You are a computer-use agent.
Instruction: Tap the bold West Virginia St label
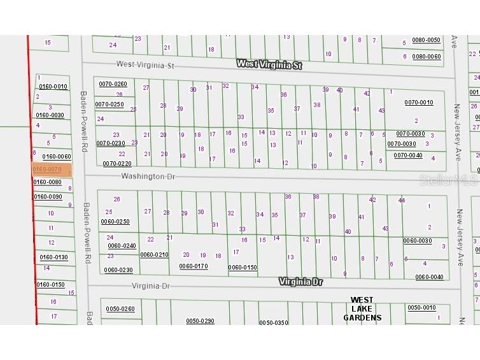pos(269,64)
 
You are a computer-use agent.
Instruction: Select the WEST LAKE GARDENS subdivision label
pos(362,309)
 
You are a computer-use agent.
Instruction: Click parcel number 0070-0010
pos(419,103)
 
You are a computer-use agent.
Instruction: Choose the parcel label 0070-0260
pos(112,84)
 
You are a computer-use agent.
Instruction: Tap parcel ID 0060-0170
pos(194,266)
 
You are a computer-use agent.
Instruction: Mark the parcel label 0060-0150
pos(243,268)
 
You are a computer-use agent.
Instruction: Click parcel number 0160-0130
pos(53,257)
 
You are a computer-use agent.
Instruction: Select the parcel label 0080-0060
pos(427,57)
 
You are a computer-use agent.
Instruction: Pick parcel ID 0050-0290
pos(201,320)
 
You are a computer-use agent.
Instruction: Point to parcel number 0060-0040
pos(430,277)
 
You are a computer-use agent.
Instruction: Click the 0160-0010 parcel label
pos(53,87)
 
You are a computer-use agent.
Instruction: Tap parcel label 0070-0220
pos(117,164)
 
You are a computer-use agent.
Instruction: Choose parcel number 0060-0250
pos(115,222)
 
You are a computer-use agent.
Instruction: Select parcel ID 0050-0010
pos(422,308)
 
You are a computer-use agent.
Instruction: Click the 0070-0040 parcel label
pos(408,155)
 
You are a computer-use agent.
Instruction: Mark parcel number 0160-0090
pos(48,196)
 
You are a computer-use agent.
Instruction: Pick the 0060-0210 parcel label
pos(155,255)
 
